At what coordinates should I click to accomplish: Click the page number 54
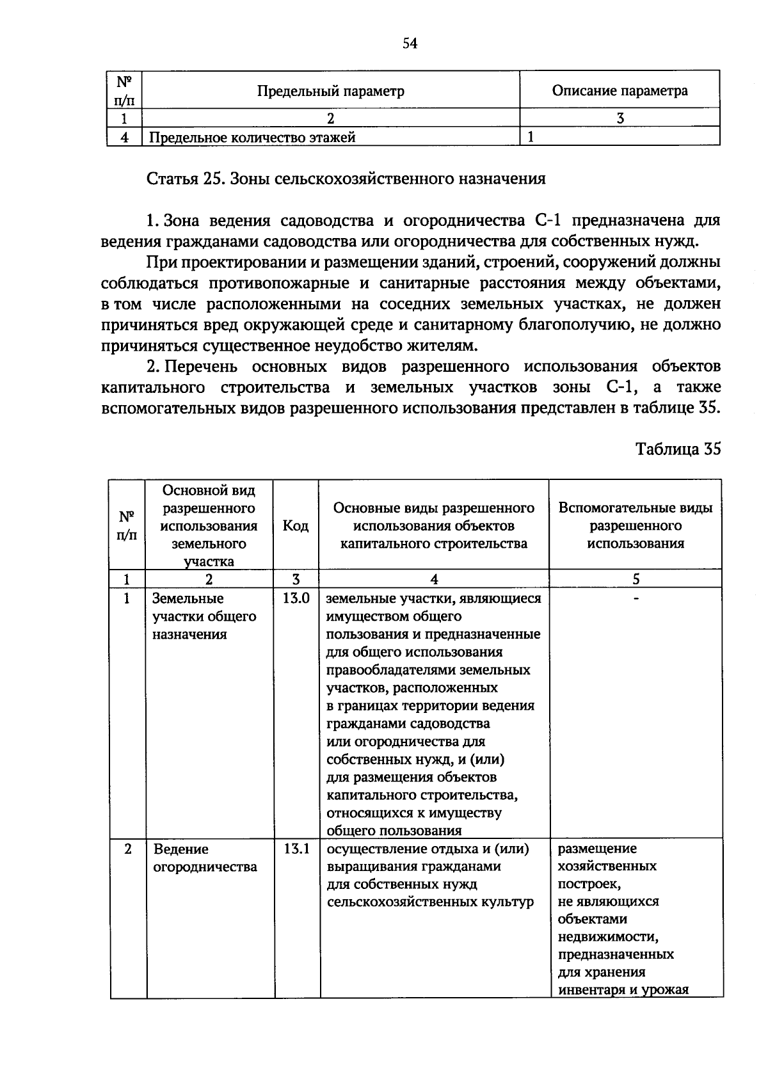click(410, 44)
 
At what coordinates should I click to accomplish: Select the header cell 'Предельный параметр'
click(330, 91)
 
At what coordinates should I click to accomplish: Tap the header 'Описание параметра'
click(620, 91)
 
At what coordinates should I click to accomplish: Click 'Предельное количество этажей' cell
click(252, 137)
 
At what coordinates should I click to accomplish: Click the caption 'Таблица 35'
click(678, 449)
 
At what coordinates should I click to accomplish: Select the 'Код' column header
click(296, 525)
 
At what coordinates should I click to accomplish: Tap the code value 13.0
click(296, 598)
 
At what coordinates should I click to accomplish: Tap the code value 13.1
click(296, 849)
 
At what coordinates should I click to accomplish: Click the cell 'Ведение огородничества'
click(205, 858)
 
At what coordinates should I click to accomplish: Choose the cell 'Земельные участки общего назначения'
click(204, 616)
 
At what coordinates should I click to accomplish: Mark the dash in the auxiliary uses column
click(636, 598)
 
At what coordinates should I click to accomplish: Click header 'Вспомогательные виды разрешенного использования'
click(636, 525)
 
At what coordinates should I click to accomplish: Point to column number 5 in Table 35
click(636, 579)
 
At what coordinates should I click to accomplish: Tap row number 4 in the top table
click(124, 137)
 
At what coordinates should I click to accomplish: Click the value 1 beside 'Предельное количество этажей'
click(531, 137)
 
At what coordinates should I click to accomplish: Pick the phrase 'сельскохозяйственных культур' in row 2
click(429, 902)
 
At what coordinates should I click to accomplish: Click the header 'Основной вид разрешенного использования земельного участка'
click(209, 525)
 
